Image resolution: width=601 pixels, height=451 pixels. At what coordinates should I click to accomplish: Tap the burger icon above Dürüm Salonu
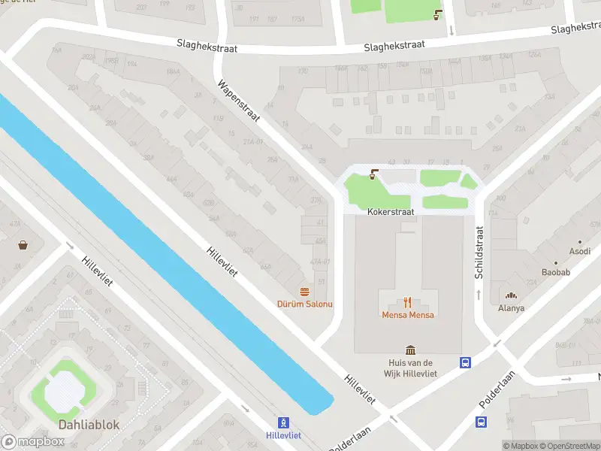(x=305, y=292)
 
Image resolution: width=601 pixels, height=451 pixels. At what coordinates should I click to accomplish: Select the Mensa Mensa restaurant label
(x=408, y=314)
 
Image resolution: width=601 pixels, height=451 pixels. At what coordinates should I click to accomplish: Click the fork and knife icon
(x=408, y=302)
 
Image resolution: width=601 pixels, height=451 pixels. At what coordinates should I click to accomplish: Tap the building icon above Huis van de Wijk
(x=410, y=350)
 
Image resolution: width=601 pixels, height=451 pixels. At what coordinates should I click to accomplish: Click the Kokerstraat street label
(x=391, y=212)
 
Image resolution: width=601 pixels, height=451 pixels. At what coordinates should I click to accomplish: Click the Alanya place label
(x=512, y=307)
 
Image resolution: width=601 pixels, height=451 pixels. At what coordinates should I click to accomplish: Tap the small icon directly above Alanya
(x=512, y=296)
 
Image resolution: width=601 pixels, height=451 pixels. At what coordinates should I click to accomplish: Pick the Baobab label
(x=556, y=272)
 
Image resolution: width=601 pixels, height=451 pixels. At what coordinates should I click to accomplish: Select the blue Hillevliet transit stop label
(x=283, y=435)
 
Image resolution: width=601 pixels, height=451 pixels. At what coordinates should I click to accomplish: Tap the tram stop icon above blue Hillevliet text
(x=283, y=423)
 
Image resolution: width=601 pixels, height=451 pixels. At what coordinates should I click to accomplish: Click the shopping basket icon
(x=24, y=245)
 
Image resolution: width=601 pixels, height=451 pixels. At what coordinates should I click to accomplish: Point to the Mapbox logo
(x=33, y=442)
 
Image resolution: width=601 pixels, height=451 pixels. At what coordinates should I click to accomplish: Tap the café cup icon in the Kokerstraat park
(x=374, y=175)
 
